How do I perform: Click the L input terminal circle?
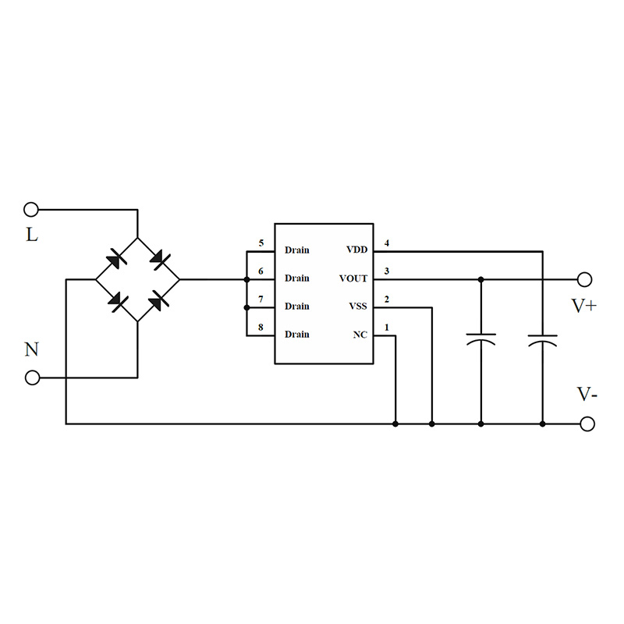31,209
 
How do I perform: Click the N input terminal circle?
31,378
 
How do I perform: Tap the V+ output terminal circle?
585,279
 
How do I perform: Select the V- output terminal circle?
587,424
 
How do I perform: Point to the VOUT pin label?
353,278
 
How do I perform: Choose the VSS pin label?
358,307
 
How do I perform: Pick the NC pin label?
360,335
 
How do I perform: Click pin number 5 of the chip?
261,244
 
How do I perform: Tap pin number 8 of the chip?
261,328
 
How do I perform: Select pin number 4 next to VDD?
387,244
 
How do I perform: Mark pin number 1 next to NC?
387,328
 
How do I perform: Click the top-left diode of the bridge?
115,258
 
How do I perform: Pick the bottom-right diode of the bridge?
159,300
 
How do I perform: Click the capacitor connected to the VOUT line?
480,340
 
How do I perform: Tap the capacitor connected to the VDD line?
542,340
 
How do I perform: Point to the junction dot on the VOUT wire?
480,279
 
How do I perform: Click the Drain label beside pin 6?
296,278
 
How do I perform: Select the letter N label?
31,349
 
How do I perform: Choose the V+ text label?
584,307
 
